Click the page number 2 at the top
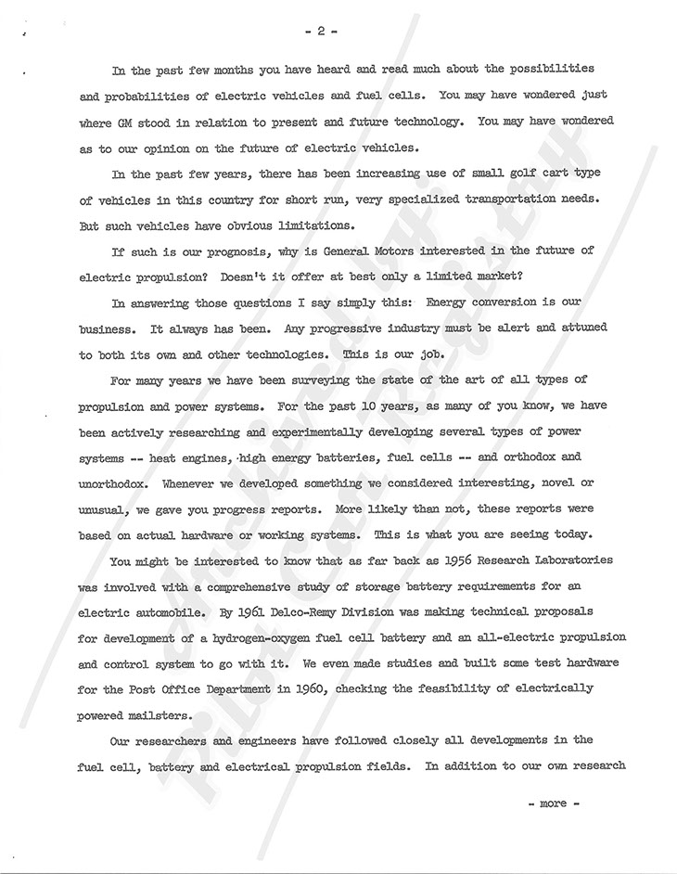319,30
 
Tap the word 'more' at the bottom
553,803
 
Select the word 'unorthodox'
118,483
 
